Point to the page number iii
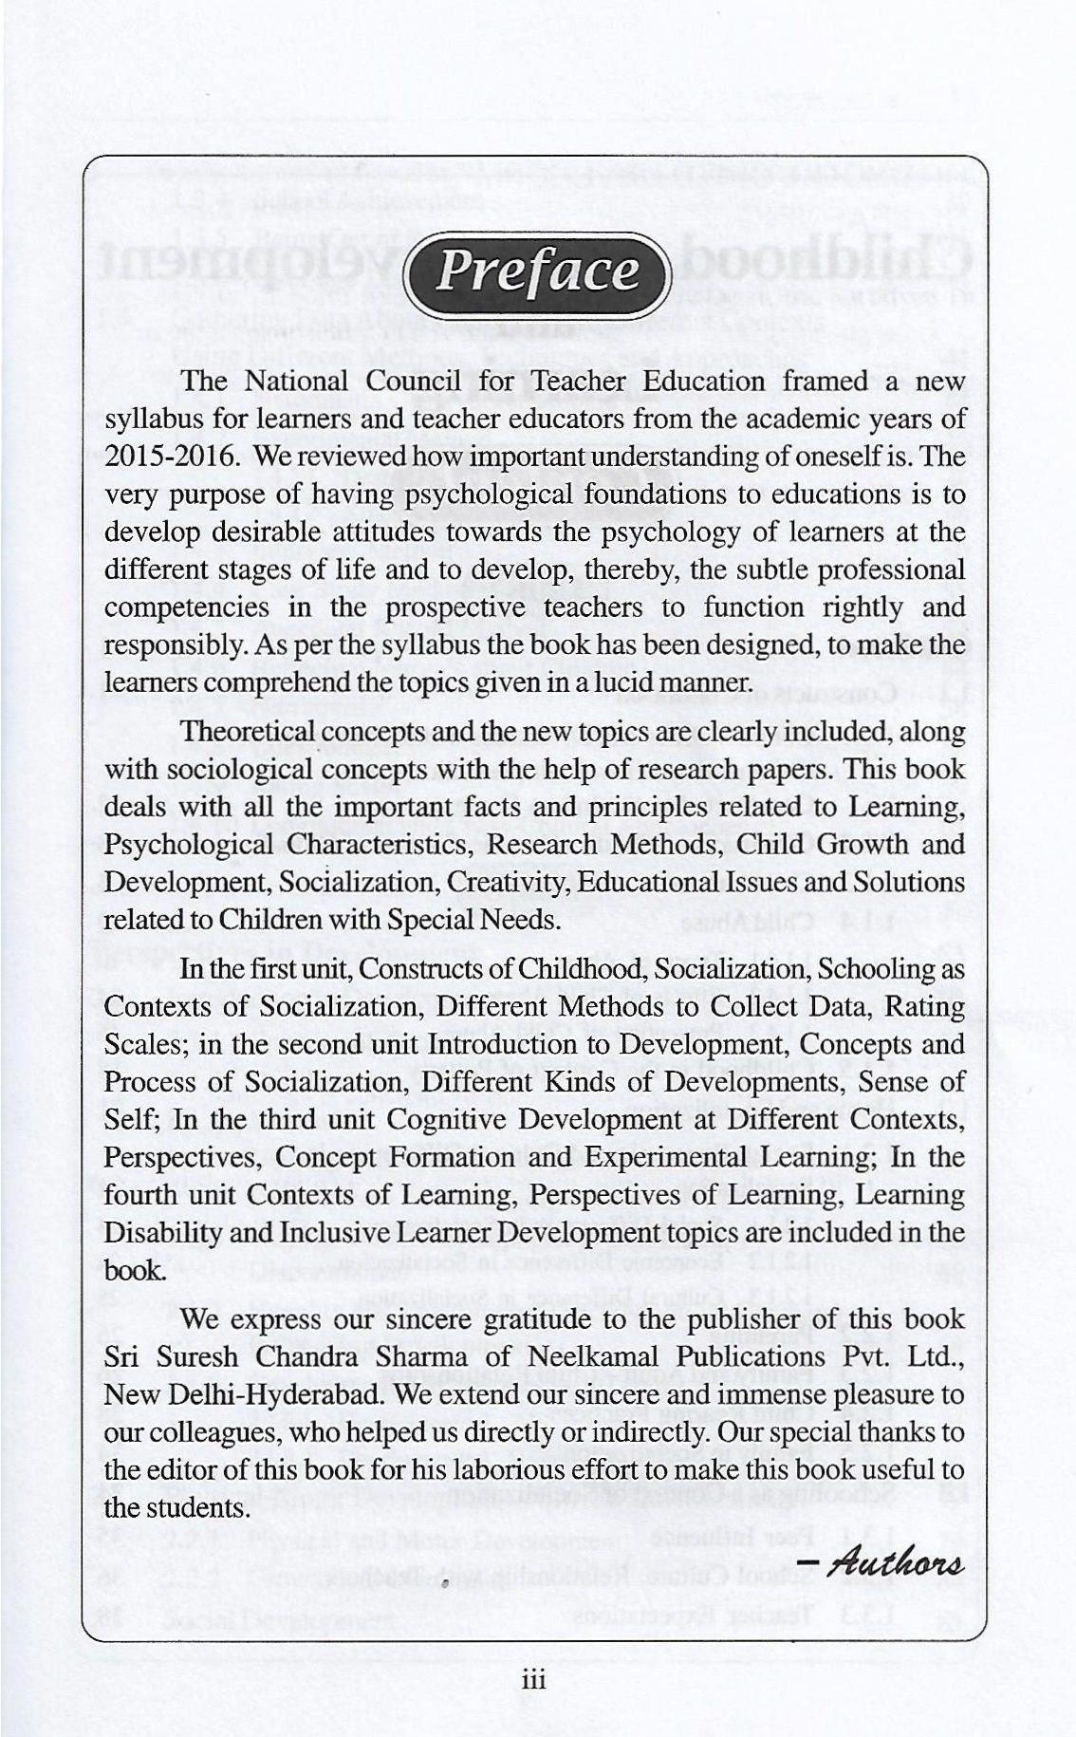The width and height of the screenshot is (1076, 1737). [535, 1680]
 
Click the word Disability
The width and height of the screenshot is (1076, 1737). [158, 1232]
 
